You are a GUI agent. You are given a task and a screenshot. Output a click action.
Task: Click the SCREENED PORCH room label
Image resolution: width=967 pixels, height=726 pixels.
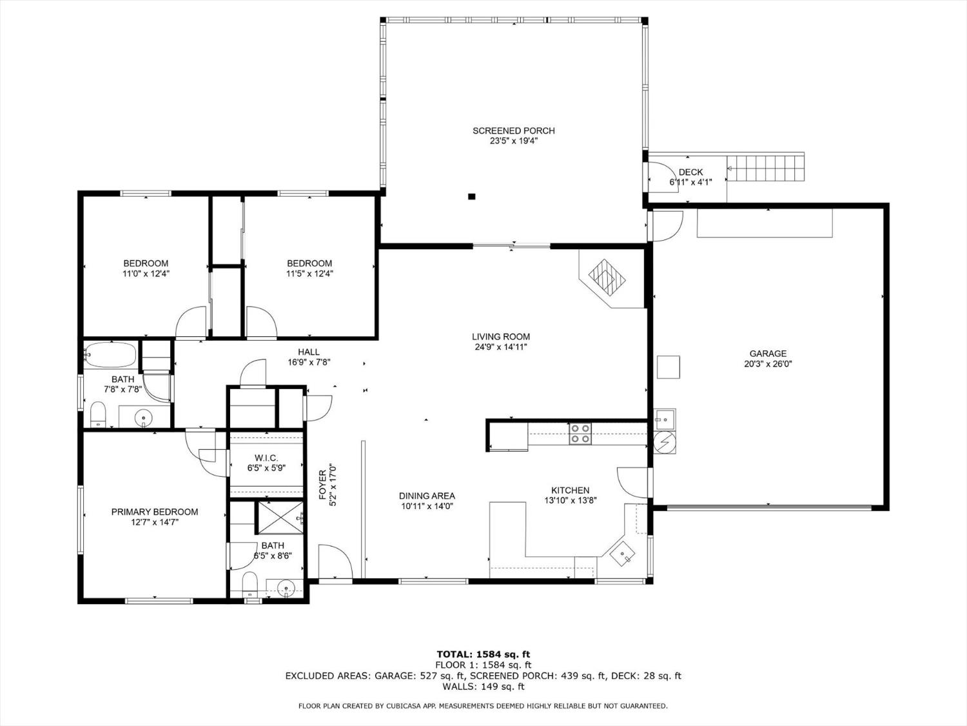tap(513, 130)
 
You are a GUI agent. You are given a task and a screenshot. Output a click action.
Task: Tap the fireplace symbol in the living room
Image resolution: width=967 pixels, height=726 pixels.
tap(607, 277)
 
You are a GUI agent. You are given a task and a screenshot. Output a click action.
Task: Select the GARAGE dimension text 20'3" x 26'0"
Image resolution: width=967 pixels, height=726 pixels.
tap(768, 364)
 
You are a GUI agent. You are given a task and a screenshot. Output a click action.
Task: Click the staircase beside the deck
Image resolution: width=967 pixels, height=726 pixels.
tap(765, 168)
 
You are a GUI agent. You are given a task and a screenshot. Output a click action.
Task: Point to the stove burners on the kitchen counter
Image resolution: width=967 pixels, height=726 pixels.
tap(580, 433)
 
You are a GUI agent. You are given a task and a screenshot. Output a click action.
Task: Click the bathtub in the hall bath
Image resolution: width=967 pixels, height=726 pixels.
tap(110, 354)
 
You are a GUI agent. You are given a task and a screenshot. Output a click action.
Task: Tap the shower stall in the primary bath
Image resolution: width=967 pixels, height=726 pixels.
tap(280, 518)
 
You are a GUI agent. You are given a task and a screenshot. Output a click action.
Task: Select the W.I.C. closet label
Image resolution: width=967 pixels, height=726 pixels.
tap(266, 458)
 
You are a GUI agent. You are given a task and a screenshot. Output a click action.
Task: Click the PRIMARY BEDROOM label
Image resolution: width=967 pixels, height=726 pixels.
tap(155, 512)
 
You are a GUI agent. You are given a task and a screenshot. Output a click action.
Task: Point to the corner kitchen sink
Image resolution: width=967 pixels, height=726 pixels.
tap(622, 554)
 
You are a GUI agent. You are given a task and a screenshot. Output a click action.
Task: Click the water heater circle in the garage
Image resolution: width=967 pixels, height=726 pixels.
tap(664, 442)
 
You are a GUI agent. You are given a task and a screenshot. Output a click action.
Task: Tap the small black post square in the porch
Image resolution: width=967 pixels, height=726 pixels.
tap(471, 197)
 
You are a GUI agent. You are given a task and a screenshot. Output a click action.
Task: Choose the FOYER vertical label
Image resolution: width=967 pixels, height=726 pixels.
tap(323, 485)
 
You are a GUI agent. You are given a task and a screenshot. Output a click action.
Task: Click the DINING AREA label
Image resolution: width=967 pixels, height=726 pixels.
tap(427, 496)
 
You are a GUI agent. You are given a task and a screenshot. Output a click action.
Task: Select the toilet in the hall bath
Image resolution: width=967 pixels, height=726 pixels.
tap(98, 414)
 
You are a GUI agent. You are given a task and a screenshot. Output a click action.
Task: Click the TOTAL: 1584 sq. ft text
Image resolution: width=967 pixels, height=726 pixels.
tap(484, 654)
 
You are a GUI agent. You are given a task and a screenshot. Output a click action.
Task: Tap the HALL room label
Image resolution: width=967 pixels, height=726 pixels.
tap(308, 352)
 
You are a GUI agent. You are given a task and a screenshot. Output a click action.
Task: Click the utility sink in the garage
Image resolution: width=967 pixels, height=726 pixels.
tap(665, 419)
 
